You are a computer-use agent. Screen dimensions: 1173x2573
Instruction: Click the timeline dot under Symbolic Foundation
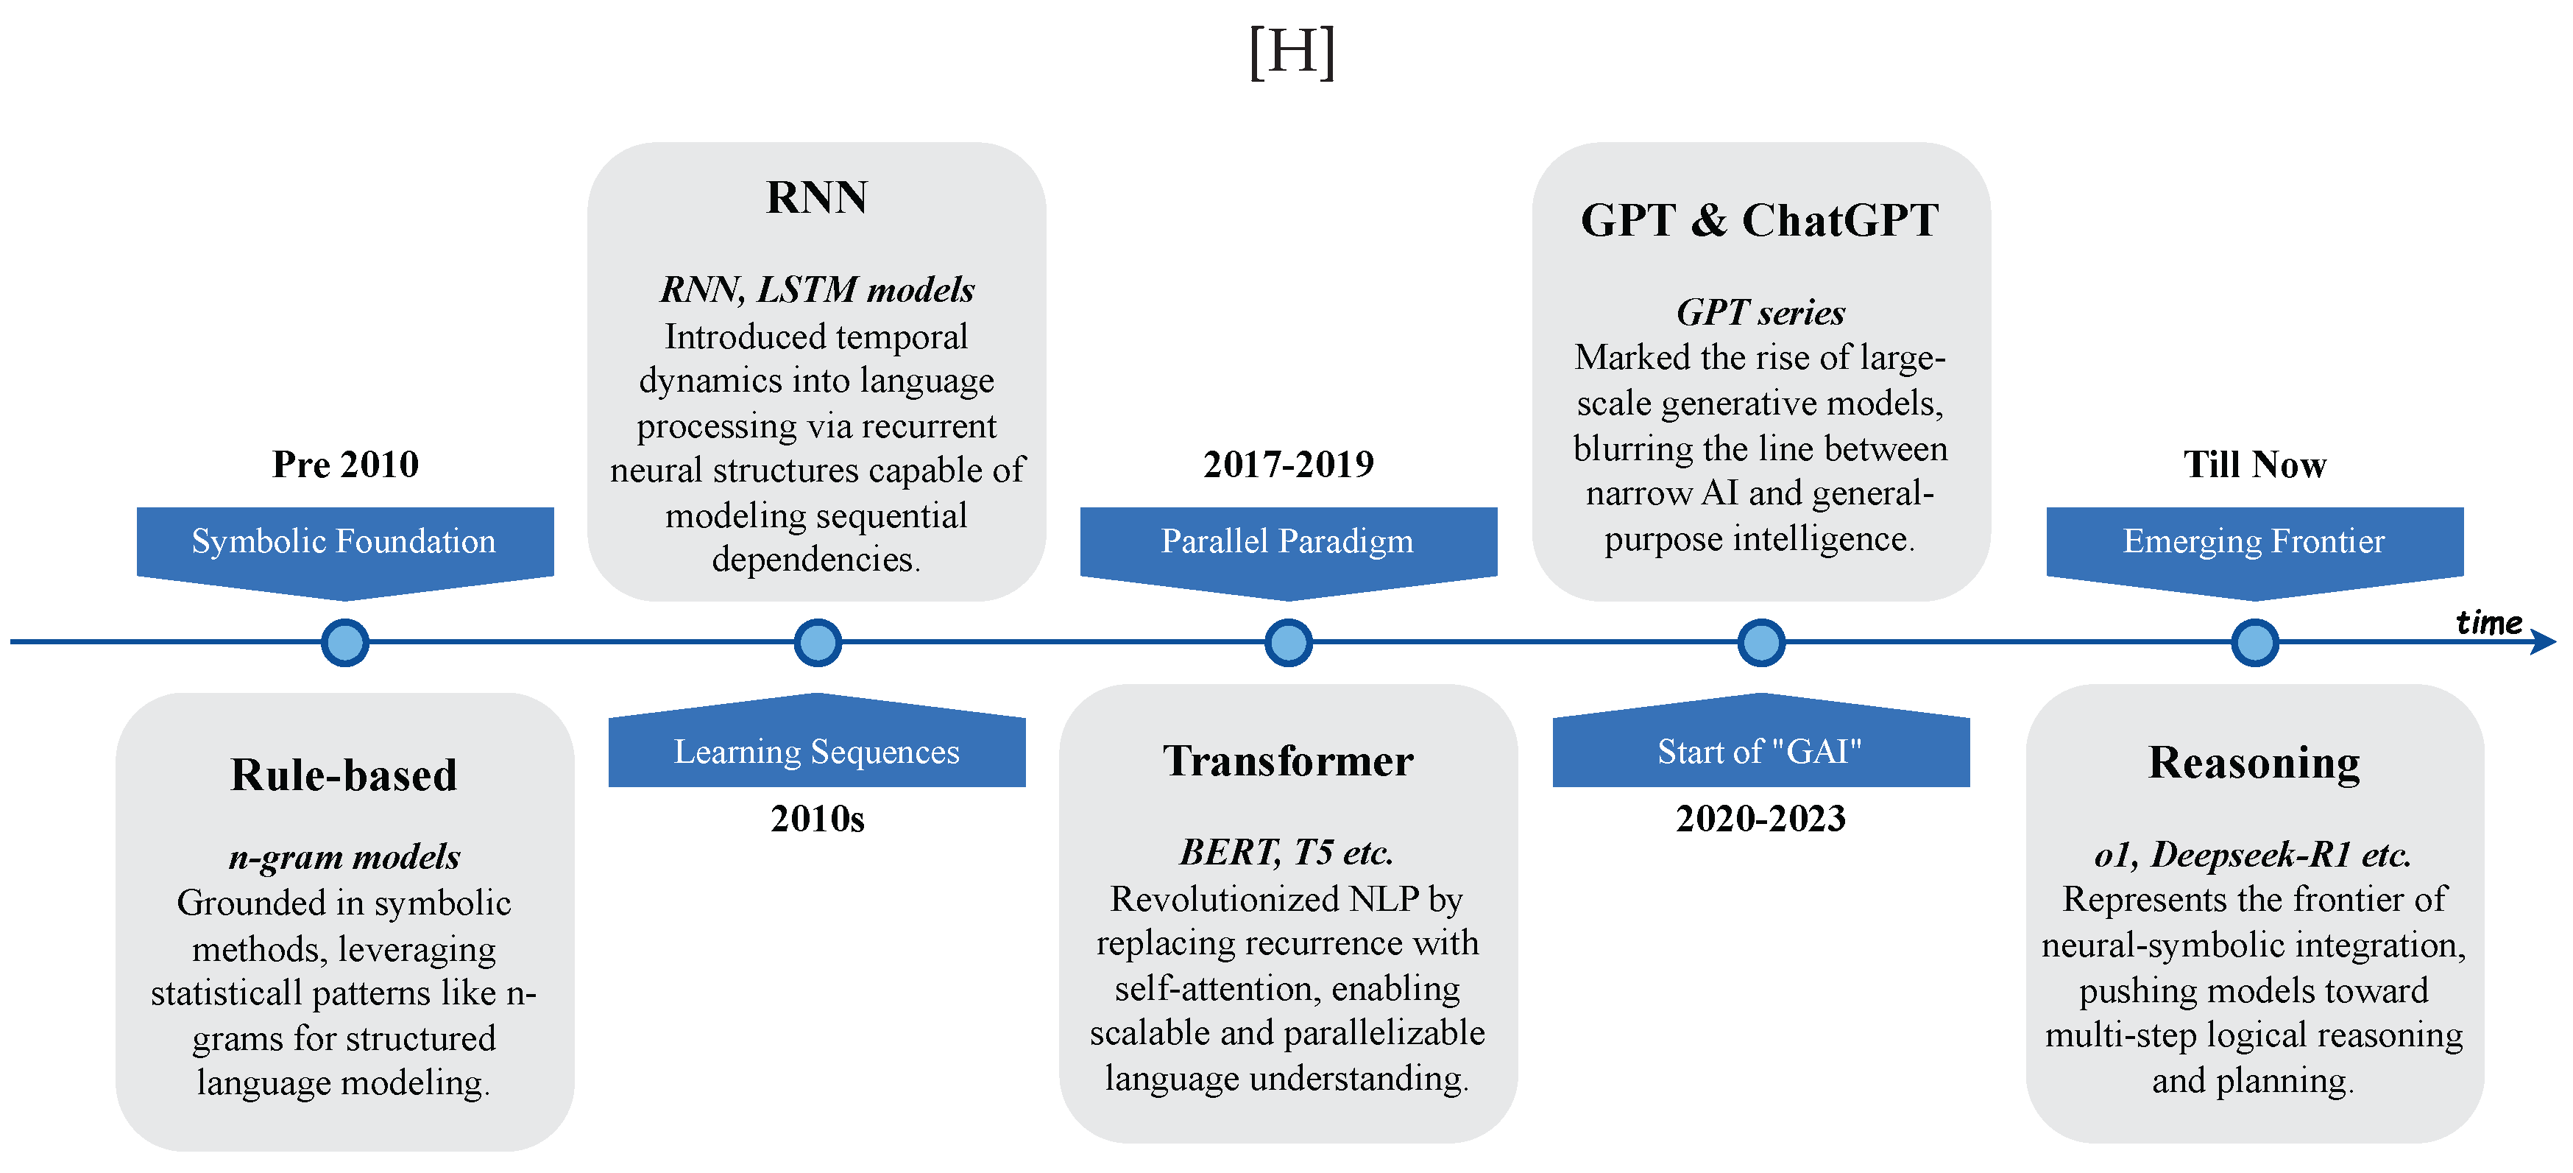coord(344,642)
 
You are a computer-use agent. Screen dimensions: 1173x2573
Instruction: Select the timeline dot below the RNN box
coord(817,642)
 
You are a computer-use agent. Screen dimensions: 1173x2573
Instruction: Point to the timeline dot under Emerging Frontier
coord(2254,642)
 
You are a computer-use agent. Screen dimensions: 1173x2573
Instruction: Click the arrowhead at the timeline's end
coord(2545,642)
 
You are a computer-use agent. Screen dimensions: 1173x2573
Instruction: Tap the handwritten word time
coord(2488,622)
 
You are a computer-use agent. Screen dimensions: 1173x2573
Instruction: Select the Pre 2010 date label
coord(344,465)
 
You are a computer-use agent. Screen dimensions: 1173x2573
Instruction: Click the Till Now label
coord(2254,465)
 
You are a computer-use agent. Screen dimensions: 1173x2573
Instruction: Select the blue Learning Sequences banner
coord(817,750)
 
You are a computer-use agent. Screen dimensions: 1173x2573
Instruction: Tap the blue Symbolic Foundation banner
coord(344,541)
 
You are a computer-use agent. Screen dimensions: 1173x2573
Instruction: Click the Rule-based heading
coord(344,775)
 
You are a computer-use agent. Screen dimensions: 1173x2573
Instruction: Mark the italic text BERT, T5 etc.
coord(1286,852)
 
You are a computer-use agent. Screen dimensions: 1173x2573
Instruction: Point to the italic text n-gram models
coord(344,857)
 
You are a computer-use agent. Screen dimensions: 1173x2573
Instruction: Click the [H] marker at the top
coord(1292,52)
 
